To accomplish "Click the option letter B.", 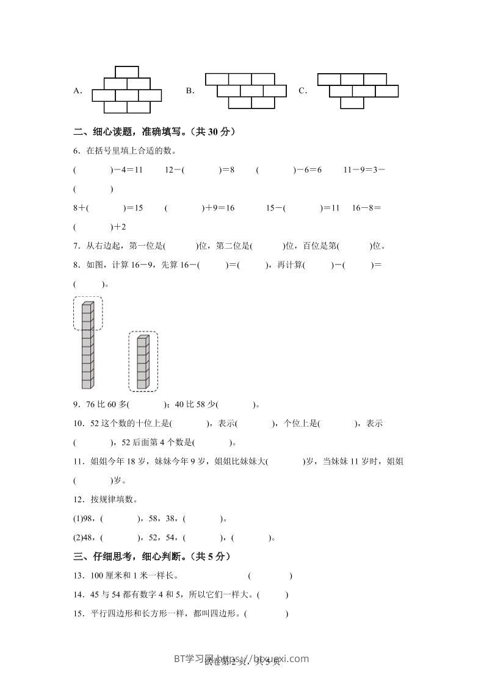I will coord(189,91).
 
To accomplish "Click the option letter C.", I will coord(302,91).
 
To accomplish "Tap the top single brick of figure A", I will coord(126,71).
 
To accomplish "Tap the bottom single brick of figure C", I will coord(352,103).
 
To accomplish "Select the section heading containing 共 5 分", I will coord(151,557).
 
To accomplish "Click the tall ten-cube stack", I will coord(88,345).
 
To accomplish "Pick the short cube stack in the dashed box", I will coord(142,362).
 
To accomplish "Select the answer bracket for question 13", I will coord(270,575).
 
